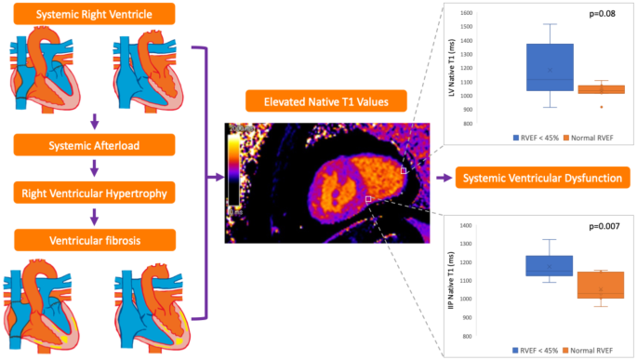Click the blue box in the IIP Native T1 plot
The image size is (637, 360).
[x=550, y=265]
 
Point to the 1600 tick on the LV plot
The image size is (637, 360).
[x=465, y=14]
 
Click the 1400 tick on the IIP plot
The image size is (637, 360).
[x=466, y=225]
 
